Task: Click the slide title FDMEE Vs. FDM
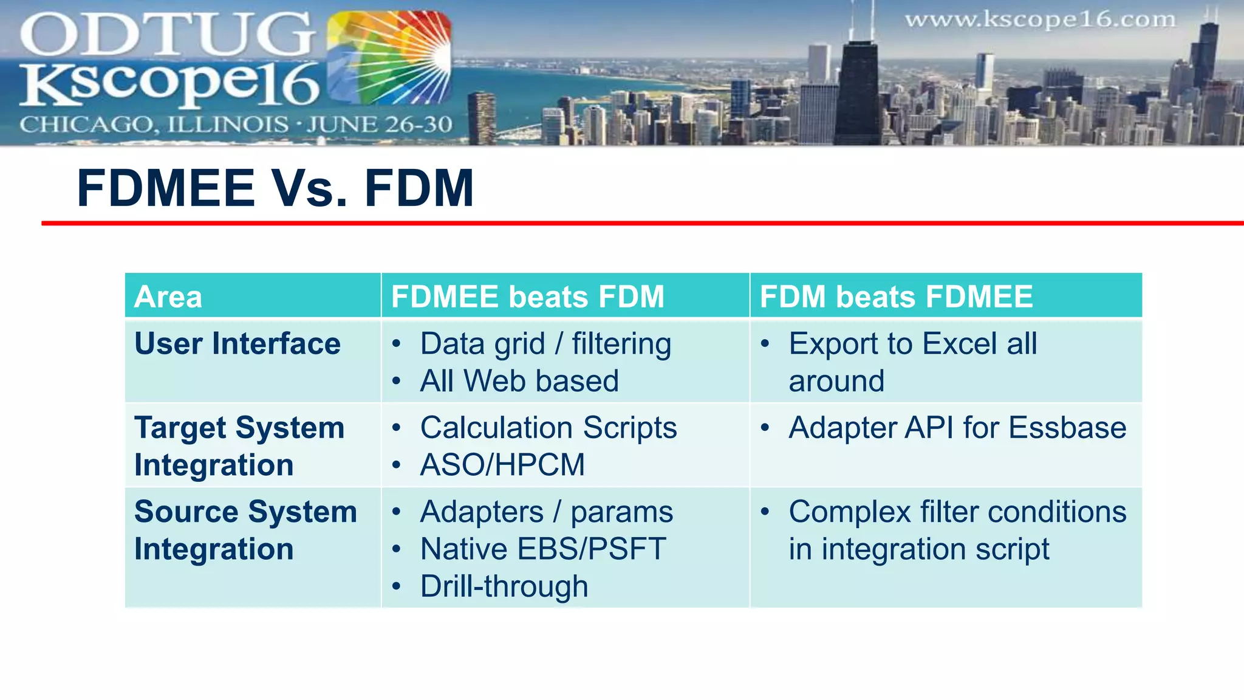click(275, 188)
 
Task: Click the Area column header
click(168, 297)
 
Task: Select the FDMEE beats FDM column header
click(527, 297)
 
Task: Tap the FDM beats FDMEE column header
click(896, 297)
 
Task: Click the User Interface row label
click(238, 344)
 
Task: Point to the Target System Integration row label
click(239, 446)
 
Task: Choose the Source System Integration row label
click(245, 530)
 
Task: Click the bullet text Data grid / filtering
click(545, 344)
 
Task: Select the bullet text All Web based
click(519, 382)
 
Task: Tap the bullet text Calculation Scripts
click(549, 428)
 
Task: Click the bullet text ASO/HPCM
click(502, 465)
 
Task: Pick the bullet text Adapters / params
click(546, 512)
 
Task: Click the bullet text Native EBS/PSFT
click(543, 549)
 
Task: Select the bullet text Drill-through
click(504, 587)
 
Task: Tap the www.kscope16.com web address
click(1040, 20)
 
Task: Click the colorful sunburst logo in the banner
click(389, 58)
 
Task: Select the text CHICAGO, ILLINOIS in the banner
click(154, 125)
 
